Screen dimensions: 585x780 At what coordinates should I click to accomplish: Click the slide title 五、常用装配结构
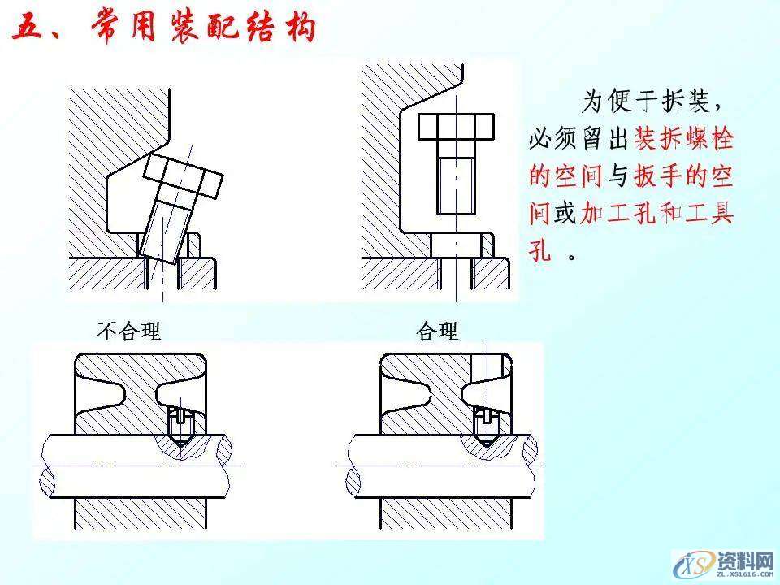162,30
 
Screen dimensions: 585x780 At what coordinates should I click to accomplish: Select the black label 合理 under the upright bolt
437,331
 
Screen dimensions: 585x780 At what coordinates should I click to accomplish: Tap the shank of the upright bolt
455,183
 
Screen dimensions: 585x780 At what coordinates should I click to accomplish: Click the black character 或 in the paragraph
563,214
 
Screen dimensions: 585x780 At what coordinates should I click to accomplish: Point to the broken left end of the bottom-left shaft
46,468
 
